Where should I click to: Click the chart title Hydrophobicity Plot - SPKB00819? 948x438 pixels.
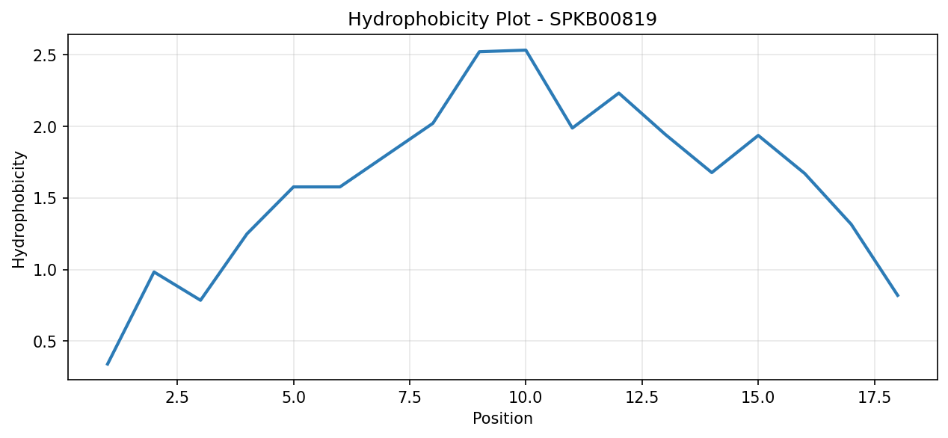(502, 19)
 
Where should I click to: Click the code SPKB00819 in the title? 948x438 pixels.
(603, 19)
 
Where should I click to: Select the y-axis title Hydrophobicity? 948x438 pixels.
(19, 210)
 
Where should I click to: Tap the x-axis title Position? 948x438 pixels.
(502, 419)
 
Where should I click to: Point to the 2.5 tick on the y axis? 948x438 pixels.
(46, 55)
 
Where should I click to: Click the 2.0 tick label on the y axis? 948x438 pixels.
(46, 126)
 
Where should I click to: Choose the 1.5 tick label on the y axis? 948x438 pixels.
(46, 198)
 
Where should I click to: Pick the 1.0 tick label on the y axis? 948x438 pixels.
(46, 270)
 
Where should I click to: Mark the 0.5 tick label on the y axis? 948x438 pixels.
(46, 341)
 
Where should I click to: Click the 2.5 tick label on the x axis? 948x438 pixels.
(177, 398)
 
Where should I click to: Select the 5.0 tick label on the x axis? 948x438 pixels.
(293, 398)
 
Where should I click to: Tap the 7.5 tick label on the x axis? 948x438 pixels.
(410, 398)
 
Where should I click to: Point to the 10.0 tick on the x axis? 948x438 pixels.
(526, 398)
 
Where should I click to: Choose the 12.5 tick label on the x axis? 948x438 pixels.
(642, 398)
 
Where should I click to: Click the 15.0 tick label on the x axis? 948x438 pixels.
(758, 398)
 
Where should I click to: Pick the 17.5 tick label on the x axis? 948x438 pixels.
(875, 398)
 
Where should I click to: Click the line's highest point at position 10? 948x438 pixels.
(526, 50)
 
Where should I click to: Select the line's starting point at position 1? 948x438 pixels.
(108, 364)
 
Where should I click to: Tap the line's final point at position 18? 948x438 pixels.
(898, 296)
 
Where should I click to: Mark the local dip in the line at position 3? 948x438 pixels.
(200, 300)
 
